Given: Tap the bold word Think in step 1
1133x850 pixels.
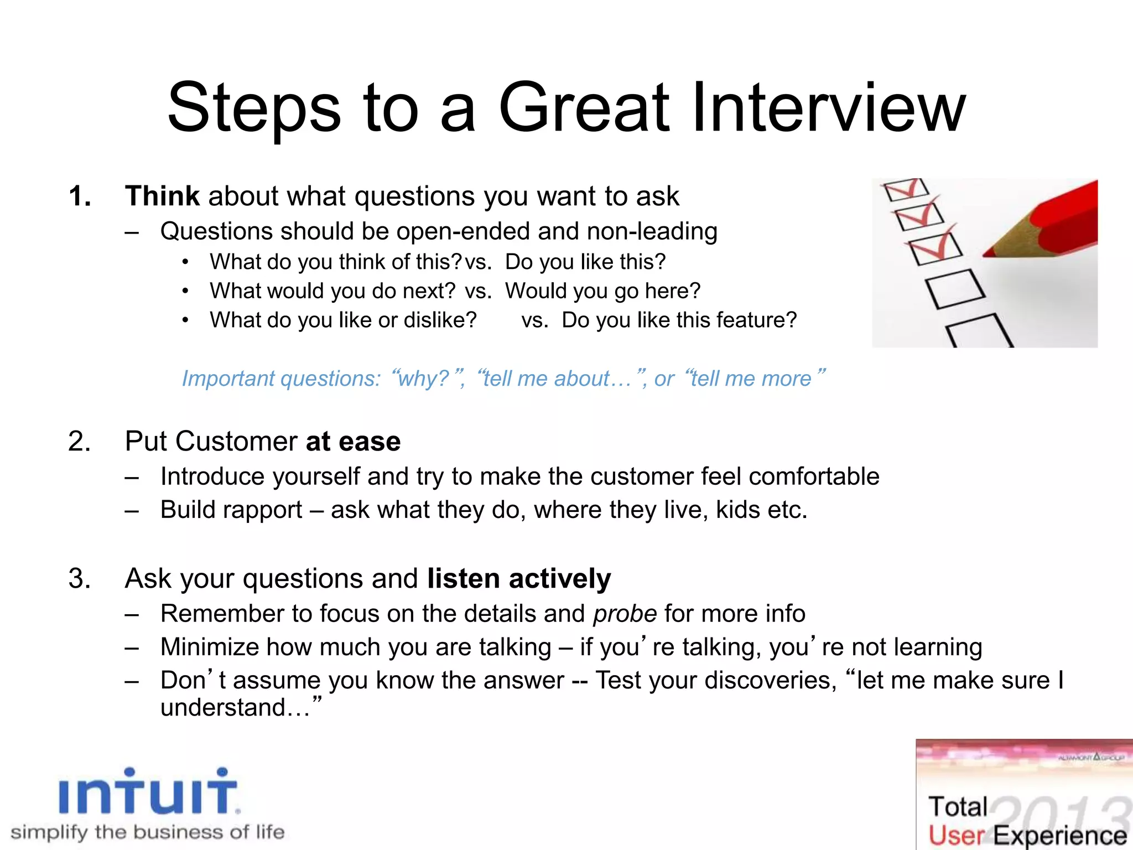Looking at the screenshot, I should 162,196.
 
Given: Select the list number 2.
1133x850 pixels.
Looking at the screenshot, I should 80,442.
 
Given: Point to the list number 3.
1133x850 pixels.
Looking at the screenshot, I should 80,579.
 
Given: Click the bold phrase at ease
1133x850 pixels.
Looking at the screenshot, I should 353,442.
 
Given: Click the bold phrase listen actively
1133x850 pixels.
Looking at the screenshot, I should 519,579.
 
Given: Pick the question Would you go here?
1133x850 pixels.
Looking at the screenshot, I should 602,291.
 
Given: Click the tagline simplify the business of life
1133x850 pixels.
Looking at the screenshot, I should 147,832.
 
